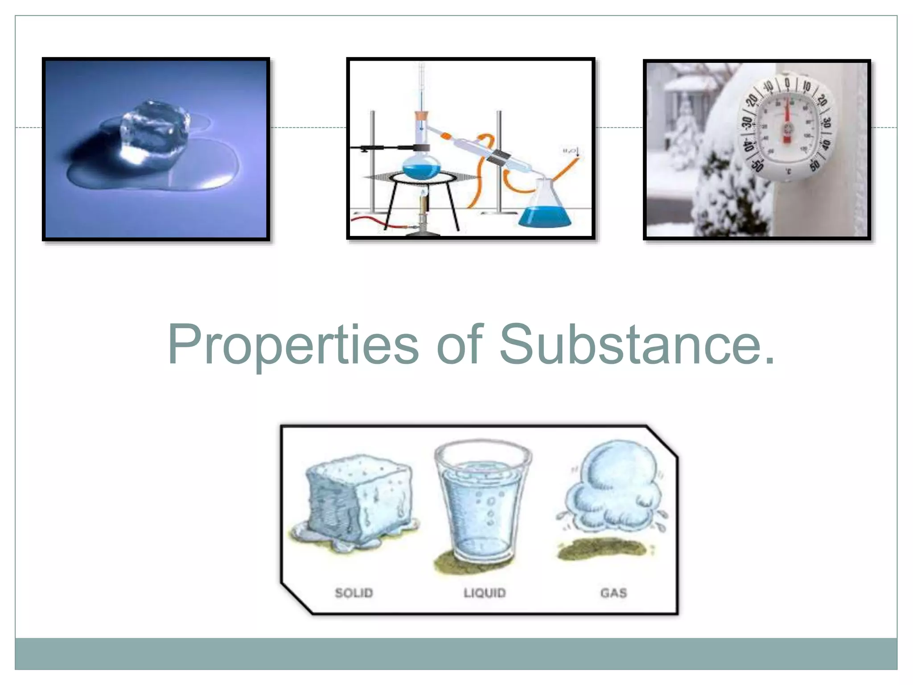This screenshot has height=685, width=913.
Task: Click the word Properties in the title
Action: [x=293, y=345]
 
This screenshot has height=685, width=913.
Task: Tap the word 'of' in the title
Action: [x=460, y=344]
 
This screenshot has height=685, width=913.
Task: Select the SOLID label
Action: [x=354, y=593]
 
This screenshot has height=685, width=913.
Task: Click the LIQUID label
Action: [x=484, y=593]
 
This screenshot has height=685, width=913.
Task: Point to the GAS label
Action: [x=613, y=593]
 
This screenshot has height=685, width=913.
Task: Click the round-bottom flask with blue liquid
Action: [x=421, y=165]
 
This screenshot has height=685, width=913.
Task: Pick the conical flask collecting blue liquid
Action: [x=545, y=207]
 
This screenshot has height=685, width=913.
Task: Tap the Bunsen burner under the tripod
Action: [x=423, y=214]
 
